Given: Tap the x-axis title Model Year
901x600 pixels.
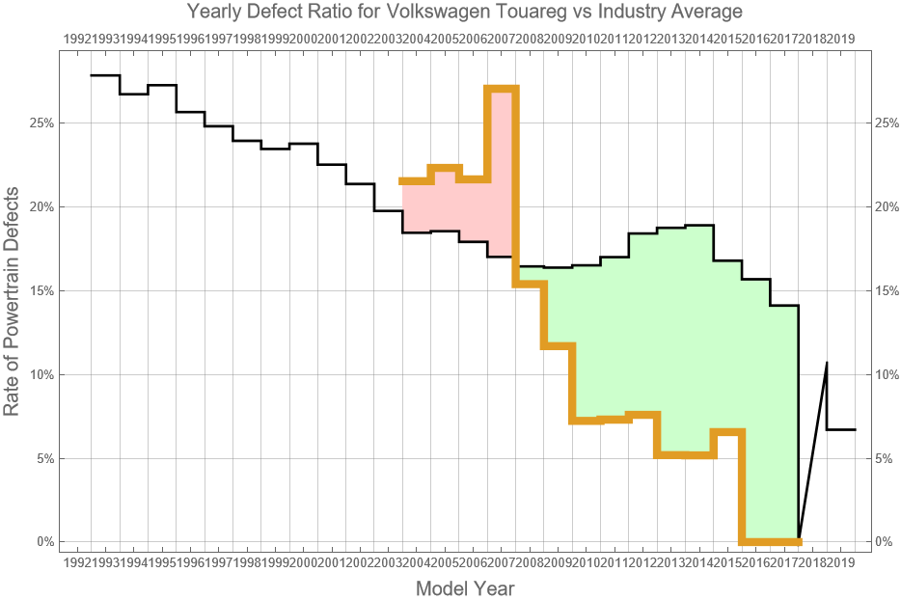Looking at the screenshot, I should click(x=464, y=588).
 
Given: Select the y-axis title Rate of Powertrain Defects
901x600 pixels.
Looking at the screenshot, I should click(x=13, y=299).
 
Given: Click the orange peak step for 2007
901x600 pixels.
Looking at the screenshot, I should click(x=502, y=89).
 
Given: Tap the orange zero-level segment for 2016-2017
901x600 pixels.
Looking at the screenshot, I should click(x=770, y=541).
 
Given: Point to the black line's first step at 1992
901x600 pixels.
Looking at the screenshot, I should click(x=104, y=75).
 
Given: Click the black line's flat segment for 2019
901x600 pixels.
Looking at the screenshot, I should click(x=841, y=429).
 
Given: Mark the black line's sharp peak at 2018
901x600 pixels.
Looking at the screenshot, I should click(x=827, y=364).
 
